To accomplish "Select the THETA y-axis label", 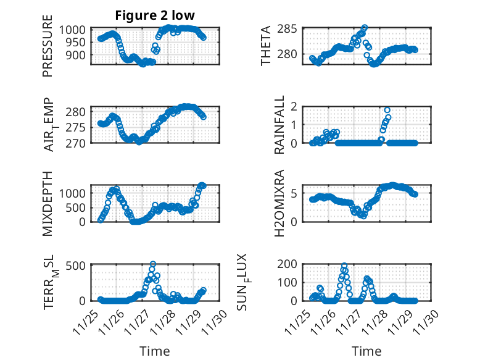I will pos(266,46).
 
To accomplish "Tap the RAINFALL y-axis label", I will pos(266,124).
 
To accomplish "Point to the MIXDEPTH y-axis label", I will pos(48,203).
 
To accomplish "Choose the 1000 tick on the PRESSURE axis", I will pos(77,30).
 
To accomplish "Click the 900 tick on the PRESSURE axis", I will pos(80,54).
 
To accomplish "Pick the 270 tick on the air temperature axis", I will pos(80,143).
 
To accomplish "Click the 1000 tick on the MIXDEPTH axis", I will pos(77,193).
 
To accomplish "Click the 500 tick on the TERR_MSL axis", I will pos(80,265).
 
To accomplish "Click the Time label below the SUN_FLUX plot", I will pos(366,351).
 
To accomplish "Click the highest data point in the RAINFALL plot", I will pos(387,110).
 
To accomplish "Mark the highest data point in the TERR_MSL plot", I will pos(153,264).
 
